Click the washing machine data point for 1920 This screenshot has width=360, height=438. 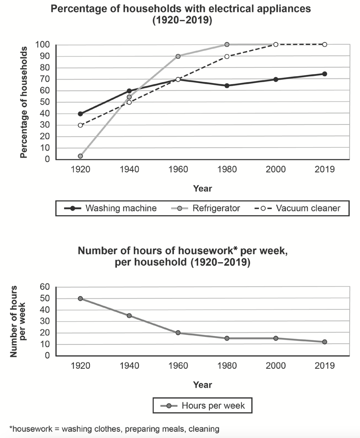click(x=81, y=114)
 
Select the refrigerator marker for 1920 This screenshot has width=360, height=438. click(x=81, y=156)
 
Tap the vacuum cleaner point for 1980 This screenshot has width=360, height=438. click(x=227, y=56)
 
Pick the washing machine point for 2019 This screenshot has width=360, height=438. click(x=325, y=74)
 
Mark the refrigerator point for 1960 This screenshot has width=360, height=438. click(x=178, y=56)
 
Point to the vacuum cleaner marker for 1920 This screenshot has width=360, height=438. click(x=81, y=125)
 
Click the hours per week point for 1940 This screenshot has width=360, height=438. click(x=129, y=316)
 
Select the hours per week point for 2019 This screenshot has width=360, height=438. click(x=325, y=342)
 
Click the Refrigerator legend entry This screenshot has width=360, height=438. click(x=206, y=208)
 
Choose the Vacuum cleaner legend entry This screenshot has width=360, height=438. click(x=297, y=208)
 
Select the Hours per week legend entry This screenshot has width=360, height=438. click(x=203, y=406)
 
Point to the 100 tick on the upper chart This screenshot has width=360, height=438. click(x=43, y=45)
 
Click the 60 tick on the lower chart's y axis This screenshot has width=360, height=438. click(x=45, y=287)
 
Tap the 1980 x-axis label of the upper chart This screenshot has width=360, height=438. click(x=227, y=169)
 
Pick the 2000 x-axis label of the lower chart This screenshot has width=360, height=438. click(x=276, y=366)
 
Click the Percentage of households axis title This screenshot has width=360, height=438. click(x=24, y=102)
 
